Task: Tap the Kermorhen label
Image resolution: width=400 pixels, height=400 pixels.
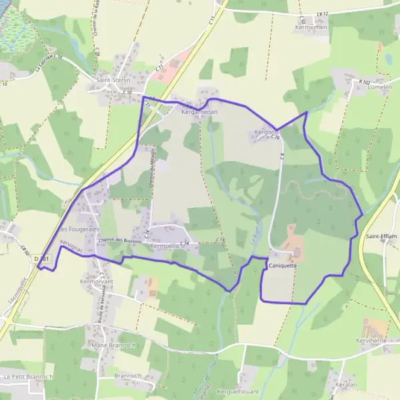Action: tap(311, 27)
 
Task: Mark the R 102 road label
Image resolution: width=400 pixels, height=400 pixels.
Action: tap(363, 81)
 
